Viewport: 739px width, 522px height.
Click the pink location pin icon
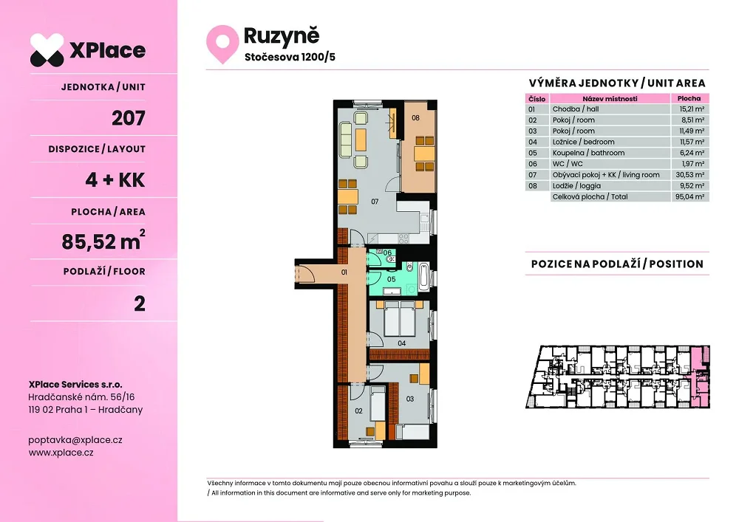tap(222, 44)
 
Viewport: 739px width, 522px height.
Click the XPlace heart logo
tap(47, 50)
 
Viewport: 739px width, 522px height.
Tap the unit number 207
tap(128, 117)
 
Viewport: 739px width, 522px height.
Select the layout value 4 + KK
tap(115, 180)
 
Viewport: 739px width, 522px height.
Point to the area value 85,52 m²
tap(103, 241)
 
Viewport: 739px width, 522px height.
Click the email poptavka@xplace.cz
tap(75, 440)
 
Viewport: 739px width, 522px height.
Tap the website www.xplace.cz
tap(61, 453)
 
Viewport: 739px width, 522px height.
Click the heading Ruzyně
tap(282, 36)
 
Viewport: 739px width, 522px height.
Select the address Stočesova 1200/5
tap(290, 58)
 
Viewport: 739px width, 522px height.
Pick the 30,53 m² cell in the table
tap(689, 175)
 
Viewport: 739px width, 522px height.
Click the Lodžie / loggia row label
tap(576, 186)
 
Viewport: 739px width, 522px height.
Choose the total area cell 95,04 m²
tap(689, 196)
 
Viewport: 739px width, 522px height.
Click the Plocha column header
tap(689, 98)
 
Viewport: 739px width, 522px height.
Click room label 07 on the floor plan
tap(375, 202)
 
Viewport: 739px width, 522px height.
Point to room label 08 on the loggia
tap(415, 117)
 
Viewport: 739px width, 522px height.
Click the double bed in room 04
tap(400, 319)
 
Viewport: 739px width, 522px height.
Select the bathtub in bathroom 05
tap(423, 277)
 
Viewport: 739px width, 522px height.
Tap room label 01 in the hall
tap(344, 272)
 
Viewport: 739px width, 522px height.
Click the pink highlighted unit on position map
tap(699, 376)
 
